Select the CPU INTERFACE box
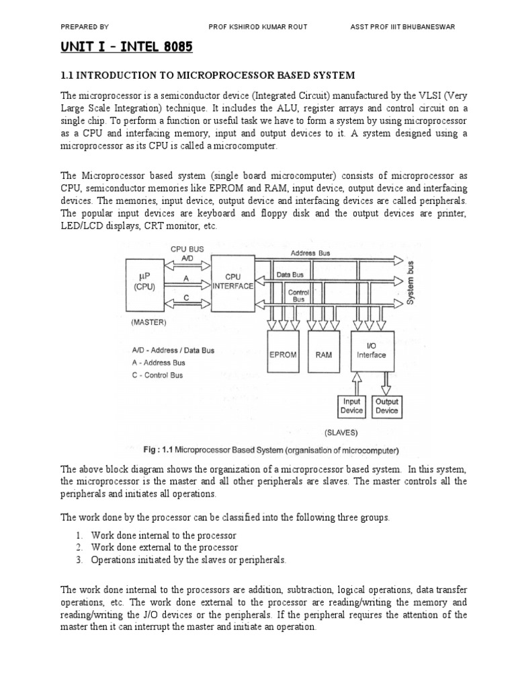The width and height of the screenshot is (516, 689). (232, 281)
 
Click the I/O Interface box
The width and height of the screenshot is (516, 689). (371, 351)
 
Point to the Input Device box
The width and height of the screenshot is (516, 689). (351, 406)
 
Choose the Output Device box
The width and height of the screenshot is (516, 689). (387, 406)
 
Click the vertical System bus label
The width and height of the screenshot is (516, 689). (411, 283)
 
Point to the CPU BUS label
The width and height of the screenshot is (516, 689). (187, 248)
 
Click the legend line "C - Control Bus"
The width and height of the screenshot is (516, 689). (158, 375)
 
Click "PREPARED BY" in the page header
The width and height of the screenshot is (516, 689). (85, 26)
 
